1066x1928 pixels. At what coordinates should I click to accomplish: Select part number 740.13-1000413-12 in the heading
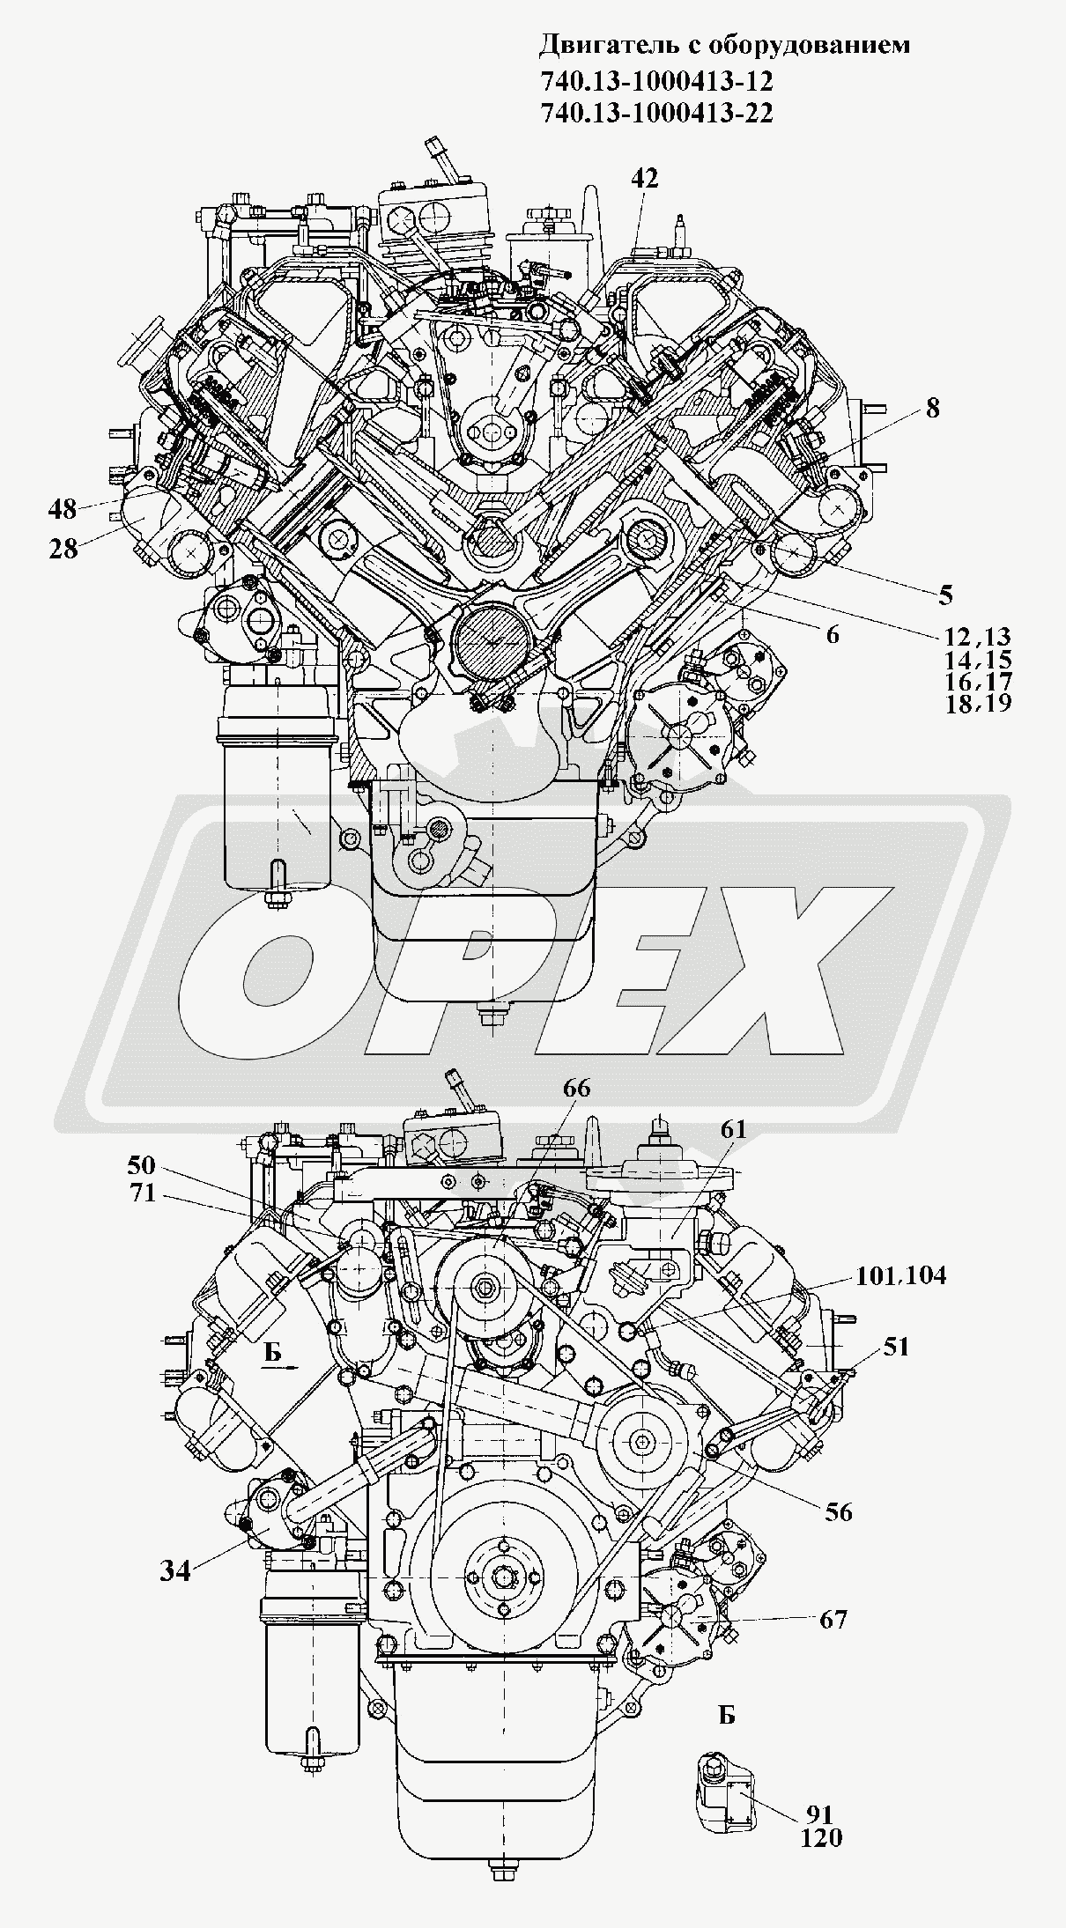point(655,81)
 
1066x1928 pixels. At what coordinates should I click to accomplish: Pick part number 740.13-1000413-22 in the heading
point(655,113)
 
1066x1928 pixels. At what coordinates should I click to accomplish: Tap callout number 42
point(644,178)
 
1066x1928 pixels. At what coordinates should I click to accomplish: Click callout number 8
point(932,409)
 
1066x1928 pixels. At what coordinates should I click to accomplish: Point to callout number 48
point(63,508)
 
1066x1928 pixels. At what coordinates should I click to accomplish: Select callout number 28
point(63,548)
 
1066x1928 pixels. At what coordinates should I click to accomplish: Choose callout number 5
point(945,595)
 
